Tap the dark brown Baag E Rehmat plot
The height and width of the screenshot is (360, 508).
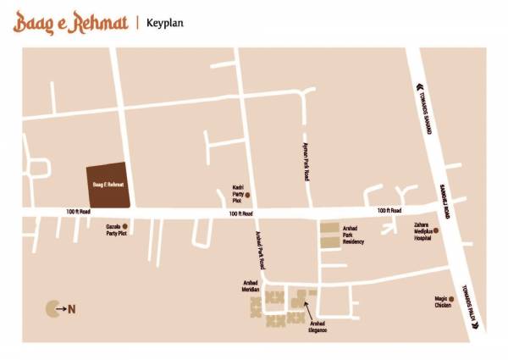pyautogui.click(x=108, y=184)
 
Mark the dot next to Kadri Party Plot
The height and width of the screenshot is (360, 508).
pyautogui.click(x=248, y=195)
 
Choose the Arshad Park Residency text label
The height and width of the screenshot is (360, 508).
pyautogui.click(x=353, y=235)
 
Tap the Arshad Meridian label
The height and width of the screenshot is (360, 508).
pyautogui.click(x=250, y=285)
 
